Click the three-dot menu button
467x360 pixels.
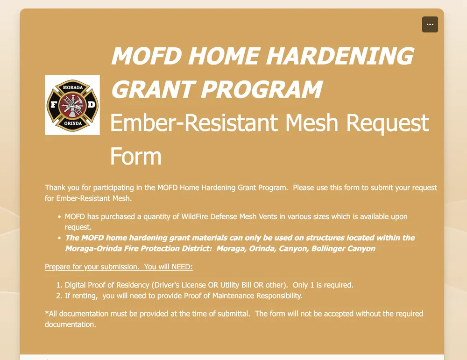point(430,24)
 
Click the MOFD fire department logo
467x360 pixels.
point(72,105)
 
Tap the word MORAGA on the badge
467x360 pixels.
point(73,87)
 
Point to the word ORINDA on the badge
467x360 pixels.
point(73,123)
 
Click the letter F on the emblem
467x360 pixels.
point(54,104)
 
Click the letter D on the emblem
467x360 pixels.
point(91,104)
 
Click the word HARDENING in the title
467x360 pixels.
point(340,56)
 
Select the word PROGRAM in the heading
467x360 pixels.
point(261,89)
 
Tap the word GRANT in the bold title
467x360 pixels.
point(152,89)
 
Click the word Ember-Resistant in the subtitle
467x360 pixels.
point(194,122)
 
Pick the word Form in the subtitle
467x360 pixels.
point(136,156)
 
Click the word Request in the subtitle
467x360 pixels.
point(388,123)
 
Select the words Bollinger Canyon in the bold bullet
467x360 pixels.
point(343,249)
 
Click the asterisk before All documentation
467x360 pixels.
point(47,313)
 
